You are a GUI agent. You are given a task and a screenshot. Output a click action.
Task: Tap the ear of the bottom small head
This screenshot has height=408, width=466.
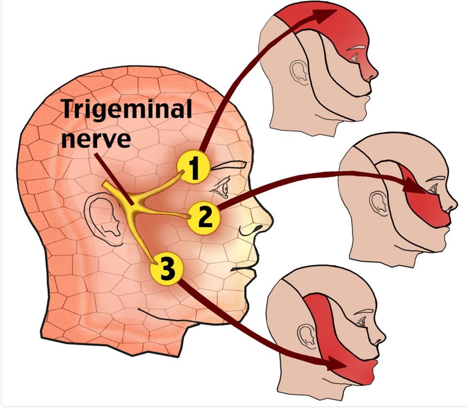[x=306, y=335]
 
